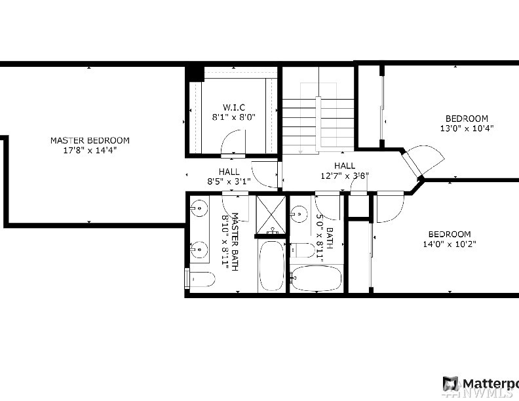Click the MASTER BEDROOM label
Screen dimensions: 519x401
click(x=90, y=140)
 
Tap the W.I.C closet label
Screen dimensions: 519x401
click(x=234, y=107)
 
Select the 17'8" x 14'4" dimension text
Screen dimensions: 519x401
click(x=90, y=150)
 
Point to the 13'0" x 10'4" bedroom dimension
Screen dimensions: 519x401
click(x=467, y=128)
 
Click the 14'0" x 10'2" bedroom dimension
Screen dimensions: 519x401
click(x=450, y=244)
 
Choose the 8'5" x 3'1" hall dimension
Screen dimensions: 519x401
click(x=229, y=181)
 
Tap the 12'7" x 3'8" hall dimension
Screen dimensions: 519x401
click(x=345, y=176)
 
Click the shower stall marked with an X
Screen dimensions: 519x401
click(x=271, y=215)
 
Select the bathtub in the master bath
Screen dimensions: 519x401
click(x=272, y=265)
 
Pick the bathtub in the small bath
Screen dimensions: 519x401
click(x=317, y=278)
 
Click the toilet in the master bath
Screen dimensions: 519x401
click(x=200, y=279)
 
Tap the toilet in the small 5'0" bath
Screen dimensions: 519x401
click(x=302, y=250)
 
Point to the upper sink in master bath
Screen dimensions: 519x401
click(x=199, y=208)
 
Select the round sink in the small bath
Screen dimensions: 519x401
click(x=299, y=214)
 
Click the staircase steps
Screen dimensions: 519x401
click(x=318, y=123)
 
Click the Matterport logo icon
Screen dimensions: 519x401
click(x=450, y=384)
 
